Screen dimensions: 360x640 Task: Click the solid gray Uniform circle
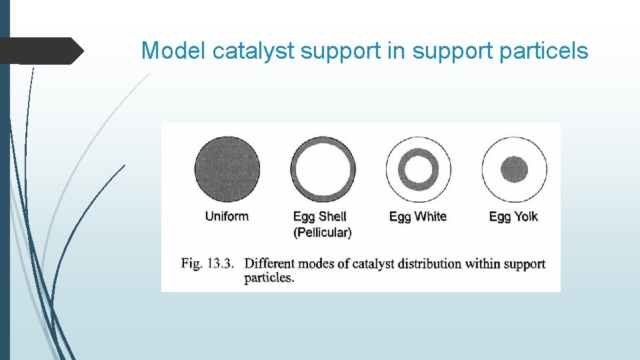pyautogui.click(x=227, y=169)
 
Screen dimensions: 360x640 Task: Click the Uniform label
pyautogui.click(x=227, y=216)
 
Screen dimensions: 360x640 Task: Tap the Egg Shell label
pyautogui.click(x=320, y=216)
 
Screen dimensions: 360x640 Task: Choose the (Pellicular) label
pyautogui.click(x=323, y=232)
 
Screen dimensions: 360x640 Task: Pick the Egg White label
pyautogui.click(x=417, y=216)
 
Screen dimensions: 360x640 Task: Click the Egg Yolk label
pyautogui.click(x=513, y=216)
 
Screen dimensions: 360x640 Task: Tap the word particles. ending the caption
pyautogui.click(x=269, y=278)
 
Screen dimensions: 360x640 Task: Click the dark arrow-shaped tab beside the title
pyautogui.click(x=40, y=51)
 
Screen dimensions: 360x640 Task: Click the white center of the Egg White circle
pyautogui.click(x=418, y=169)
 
